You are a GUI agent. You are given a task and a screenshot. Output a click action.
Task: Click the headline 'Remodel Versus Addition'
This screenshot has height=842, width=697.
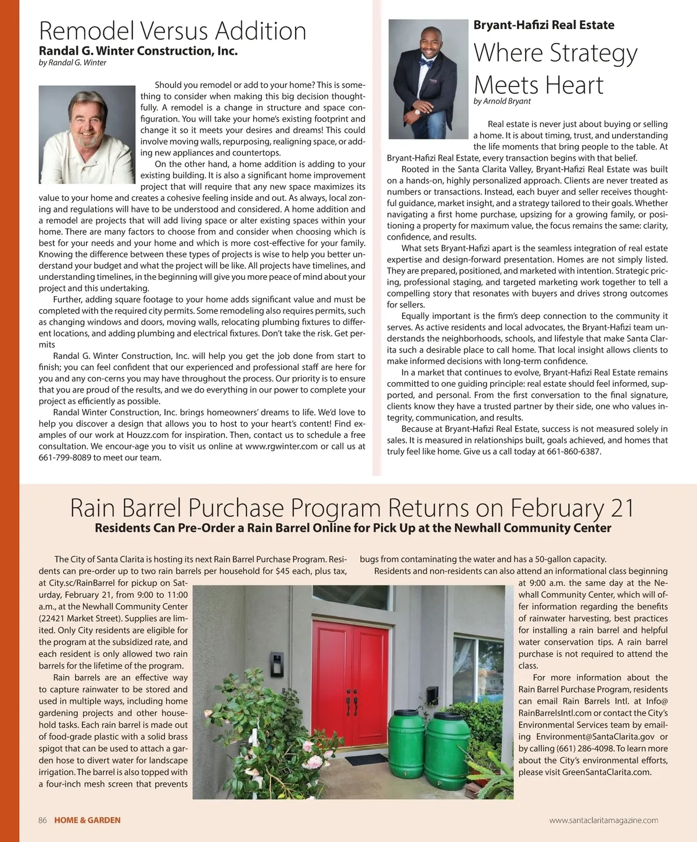(173, 31)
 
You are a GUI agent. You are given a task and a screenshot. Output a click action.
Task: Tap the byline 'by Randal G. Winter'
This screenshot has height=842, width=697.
(73, 63)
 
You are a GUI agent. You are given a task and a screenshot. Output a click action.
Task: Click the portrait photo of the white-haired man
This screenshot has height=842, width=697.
(87, 134)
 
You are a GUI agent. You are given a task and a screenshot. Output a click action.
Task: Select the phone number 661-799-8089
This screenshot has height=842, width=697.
(64, 458)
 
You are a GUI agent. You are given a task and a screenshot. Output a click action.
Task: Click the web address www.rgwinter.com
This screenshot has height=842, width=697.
(282, 447)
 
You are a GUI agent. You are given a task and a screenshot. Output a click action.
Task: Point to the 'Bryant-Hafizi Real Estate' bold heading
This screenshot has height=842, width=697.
(544, 25)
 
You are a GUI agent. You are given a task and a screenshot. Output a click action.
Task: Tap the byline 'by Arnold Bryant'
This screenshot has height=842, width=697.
(502, 101)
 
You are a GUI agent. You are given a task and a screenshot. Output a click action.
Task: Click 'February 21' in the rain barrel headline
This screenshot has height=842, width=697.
(572, 508)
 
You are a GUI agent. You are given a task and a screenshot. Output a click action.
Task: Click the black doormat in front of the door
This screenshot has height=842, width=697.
(366, 759)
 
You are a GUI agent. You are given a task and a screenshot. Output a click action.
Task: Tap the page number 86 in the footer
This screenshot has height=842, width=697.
(42, 821)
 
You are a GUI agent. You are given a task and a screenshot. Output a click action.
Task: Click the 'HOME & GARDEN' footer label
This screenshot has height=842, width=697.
(88, 821)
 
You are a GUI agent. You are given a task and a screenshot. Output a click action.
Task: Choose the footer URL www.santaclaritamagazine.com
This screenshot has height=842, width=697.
(603, 821)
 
